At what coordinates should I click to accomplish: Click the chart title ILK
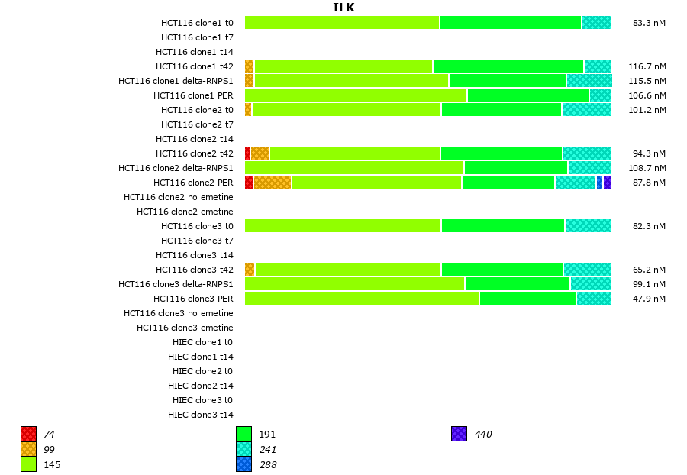click(x=343, y=8)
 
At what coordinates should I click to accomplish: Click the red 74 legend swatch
click(x=29, y=434)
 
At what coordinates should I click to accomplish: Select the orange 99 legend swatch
click(x=29, y=449)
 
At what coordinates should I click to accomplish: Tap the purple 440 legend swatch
click(x=459, y=434)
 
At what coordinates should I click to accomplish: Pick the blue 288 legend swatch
click(x=244, y=464)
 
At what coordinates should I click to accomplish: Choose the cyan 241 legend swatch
click(x=244, y=449)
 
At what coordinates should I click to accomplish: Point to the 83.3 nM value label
click(x=649, y=23)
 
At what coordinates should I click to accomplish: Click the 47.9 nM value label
click(x=649, y=299)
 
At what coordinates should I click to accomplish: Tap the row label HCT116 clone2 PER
click(x=193, y=183)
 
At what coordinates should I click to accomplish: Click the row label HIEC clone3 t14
click(x=201, y=415)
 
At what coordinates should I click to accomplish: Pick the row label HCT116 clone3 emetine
click(x=185, y=328)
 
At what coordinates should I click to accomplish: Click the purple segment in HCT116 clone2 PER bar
click(x=608, y=182)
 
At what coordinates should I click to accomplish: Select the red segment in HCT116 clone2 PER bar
click(x=249, y=182)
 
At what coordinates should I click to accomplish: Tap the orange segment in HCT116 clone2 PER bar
click(x=273, y=182)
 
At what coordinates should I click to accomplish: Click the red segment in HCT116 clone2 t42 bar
click(x=247, y=153)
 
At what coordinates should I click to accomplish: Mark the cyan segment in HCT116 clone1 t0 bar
click(x=596, y=22)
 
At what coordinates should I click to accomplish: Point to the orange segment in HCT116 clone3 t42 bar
click(x=250, y=269)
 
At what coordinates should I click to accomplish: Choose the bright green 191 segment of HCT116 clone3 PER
click(x=527, y=298)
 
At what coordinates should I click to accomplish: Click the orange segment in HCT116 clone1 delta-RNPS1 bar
click(x=250, y=80)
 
